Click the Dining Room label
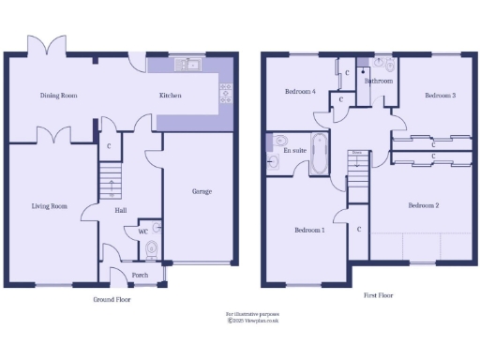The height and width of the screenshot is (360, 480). click(57, 96)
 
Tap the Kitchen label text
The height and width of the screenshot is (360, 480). click(170, 96)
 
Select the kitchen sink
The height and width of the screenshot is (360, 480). click(191, 65)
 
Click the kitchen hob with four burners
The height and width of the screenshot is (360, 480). click(225, 92)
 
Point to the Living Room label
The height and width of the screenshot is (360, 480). click(50, 206)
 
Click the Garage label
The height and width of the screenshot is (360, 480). click(202, 191)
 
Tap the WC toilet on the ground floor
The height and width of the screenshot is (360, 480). click(152, 248)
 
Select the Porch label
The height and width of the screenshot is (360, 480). click(140, 275)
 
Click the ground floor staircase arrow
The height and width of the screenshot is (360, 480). click(111, 185)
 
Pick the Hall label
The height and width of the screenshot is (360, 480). click(121, 210)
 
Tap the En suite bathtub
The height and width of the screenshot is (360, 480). click(319, 154)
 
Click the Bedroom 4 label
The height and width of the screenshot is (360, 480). click(300, 92)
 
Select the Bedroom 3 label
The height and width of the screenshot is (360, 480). click(440, 96)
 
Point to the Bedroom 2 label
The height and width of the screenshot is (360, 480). click(423, 205)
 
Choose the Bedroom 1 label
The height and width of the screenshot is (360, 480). click(309, 230)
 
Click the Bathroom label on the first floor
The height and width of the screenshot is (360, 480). click(378, 82)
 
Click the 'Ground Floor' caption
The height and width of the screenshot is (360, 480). click(111, 300)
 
